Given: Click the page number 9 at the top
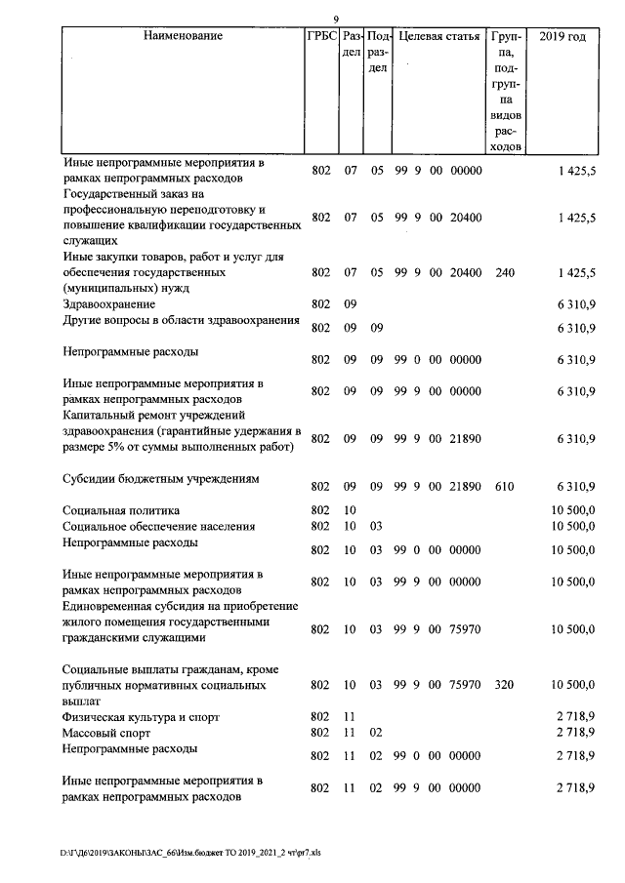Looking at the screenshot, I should point(335,20).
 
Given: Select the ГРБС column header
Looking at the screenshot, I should point(321,37).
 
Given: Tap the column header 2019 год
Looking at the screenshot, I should point(562,37).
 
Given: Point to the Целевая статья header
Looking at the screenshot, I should point(439,37).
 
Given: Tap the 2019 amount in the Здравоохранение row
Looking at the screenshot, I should point(575,305).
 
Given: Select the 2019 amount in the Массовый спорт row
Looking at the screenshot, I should point(575,732).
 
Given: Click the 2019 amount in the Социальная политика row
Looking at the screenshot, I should point(573,510).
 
